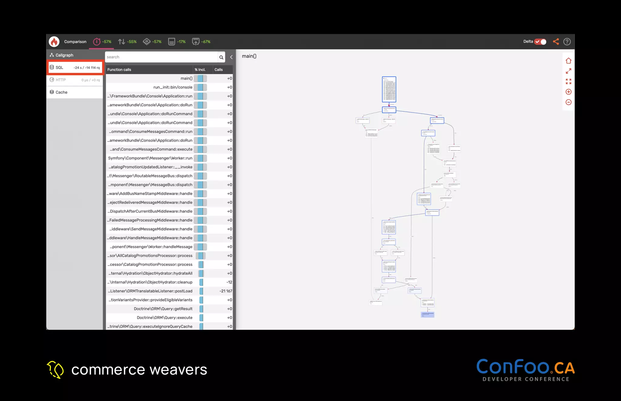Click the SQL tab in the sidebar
tap(75, 68)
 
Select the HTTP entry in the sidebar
tap(75, 80)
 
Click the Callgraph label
tap(64, 55)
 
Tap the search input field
tap(161, 57)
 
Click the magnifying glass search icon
tap(221, 57)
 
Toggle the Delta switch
tap(540, 42)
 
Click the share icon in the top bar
tap(556, 42)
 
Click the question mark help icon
tap(567, 42)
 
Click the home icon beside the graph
tap(569, 61)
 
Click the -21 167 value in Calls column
tap(226, 291)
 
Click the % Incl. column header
tap(200, 70)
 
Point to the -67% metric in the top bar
tap(206, 42)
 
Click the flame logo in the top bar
tap(54, 42)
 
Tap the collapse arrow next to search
tap(231, 57)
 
